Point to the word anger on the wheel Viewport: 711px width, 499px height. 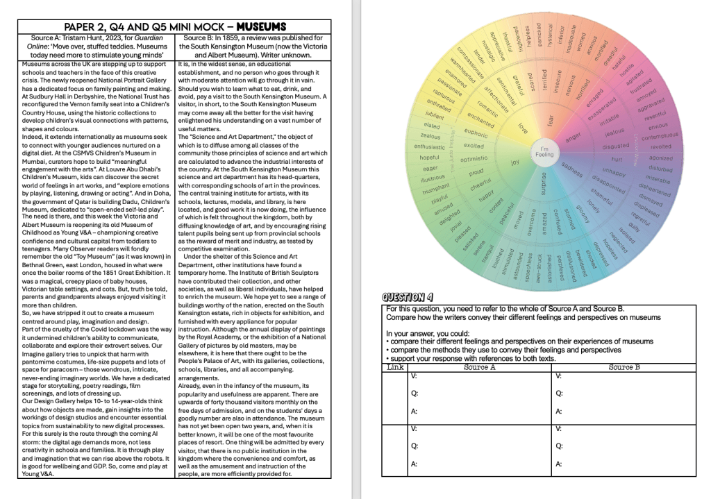point(572,136)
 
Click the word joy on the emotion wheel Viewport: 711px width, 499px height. point(515,162)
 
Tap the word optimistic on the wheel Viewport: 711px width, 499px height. point(474,159)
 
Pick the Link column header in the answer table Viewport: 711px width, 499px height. point(395,366)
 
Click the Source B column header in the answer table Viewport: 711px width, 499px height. point(624,366)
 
